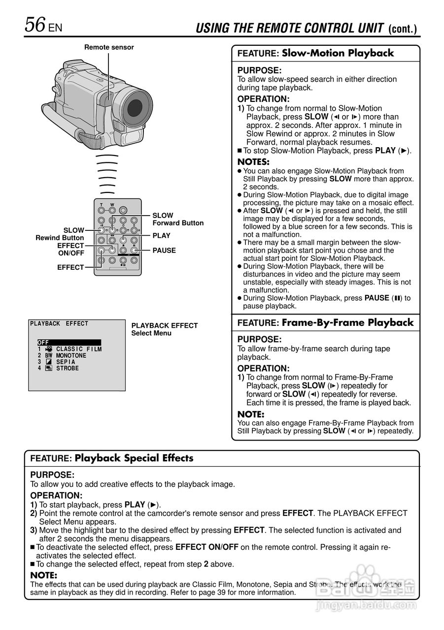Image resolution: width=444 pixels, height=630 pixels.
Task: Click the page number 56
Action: point(35,25)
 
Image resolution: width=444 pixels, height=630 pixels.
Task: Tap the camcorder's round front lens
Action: point(135,107)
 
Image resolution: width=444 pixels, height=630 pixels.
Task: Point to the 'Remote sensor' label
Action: point(109,47)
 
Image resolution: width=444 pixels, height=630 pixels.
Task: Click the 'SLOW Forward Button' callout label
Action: point(178,219)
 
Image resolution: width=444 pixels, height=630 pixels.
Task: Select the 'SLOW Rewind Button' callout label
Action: point(60,234)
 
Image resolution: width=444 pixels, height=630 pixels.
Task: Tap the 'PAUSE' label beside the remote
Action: point(164,251)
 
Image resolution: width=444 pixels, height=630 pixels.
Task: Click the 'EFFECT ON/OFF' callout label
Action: point(70,249)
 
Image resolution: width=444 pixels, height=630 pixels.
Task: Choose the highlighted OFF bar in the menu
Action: point(69,343)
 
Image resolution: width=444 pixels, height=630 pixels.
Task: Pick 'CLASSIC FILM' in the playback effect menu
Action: point(79,349)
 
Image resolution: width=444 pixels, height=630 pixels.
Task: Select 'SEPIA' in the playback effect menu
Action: point(66,362)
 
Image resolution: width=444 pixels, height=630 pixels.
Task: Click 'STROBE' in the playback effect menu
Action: point(68,368)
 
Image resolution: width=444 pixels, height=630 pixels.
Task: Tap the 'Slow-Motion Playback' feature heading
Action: point(338,53)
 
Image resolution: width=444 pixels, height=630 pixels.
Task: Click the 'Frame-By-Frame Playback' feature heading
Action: point(347,323)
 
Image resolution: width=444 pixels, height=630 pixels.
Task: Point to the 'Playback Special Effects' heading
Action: point(134,458)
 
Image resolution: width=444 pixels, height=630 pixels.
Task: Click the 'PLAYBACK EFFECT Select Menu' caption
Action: point(164,329)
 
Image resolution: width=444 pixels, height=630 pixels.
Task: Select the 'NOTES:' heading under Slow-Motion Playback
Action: point(253,162)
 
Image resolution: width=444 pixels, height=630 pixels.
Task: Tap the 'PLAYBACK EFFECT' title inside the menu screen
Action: point(59,324)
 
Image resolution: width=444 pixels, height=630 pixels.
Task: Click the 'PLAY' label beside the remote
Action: point(161,236)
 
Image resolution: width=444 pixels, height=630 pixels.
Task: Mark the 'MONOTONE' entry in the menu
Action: point(71,355)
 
